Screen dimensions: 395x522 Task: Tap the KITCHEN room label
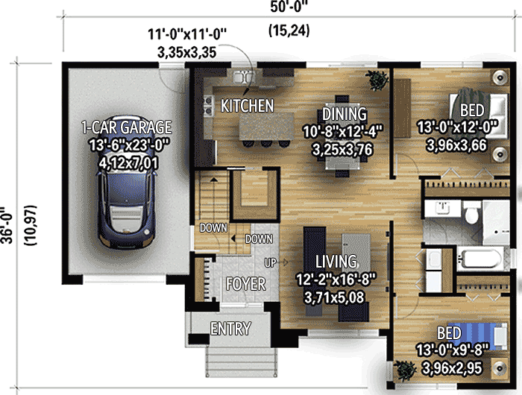pyautogui.click(x=247, y=106)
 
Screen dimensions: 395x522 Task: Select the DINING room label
pyautogui.click(x=344, y=114)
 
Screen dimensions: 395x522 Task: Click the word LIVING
pyautogui.click(x=336, y=262)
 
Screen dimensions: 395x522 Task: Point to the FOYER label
pyautogui.click(x=245, y=284)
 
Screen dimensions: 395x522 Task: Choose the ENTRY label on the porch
pyautogui.click(x=230, y=329)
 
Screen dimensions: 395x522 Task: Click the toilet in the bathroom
pyautogui.click(x=470, y=215)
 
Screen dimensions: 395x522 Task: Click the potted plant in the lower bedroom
pyautogui.click(x=406, y=369)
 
